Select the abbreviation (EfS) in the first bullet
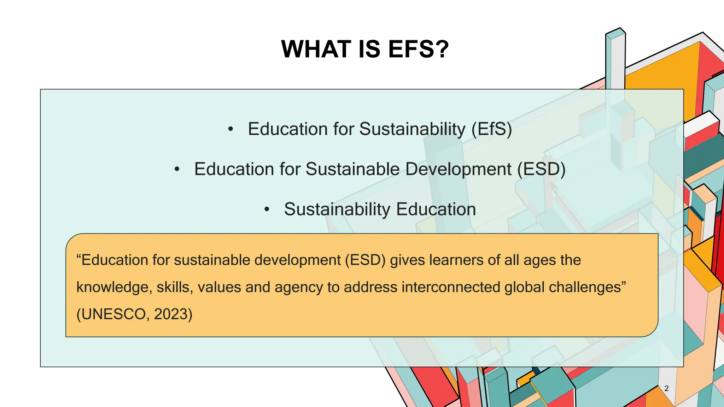pyautogui.click(x=492, y=129)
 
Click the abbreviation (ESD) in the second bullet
pyautogui.click(x=541, y=169)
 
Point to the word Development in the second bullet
pyautogui.click(x=459, y=169)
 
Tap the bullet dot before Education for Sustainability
pyautogui.click(x=230, y=130)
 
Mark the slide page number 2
pyautogui.click(x=666, y=388)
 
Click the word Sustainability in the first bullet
pyautogui.click(x=412, y=129)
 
